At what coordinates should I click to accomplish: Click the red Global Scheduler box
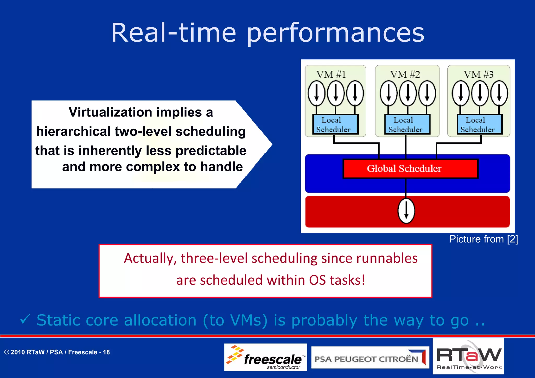point(410,168)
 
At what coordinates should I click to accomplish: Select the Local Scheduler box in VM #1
point(335,124)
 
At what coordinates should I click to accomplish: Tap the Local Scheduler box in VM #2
point(407,124)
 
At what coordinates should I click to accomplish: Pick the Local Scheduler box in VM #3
point(479,124)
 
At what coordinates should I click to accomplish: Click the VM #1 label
point(331,74)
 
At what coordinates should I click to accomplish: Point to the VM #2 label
point(405,74)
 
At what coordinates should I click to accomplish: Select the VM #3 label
point(479,74)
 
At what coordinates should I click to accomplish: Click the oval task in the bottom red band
point(406,211)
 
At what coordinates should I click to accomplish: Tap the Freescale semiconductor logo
point(265,357)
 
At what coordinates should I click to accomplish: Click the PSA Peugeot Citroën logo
point(370,357)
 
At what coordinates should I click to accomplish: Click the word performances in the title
point(335,33)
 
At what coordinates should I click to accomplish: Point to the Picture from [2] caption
point(483,239)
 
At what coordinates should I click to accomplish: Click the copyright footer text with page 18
point(57,352)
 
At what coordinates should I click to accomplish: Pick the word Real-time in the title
point(173,33)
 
